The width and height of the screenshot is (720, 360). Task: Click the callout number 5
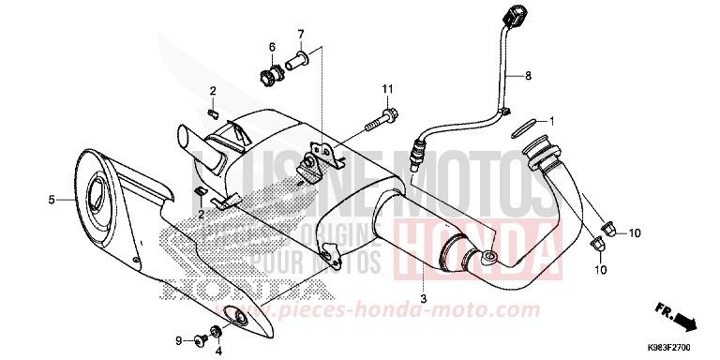(x=53, y=199)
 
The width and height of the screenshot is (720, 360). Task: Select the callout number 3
(x=424, y=298)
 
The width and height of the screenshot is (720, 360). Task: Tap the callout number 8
(x=528, y=75)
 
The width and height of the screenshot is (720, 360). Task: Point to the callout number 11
(x=385, y=89)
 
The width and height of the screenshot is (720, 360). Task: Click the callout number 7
(x=301, y=36)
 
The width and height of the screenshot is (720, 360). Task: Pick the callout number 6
(x=272, y=47)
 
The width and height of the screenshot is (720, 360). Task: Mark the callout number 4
(x=217, y=351)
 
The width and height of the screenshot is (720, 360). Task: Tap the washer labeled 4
(x=217, y=329)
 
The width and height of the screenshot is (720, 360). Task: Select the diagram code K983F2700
(x=686, y=348)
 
